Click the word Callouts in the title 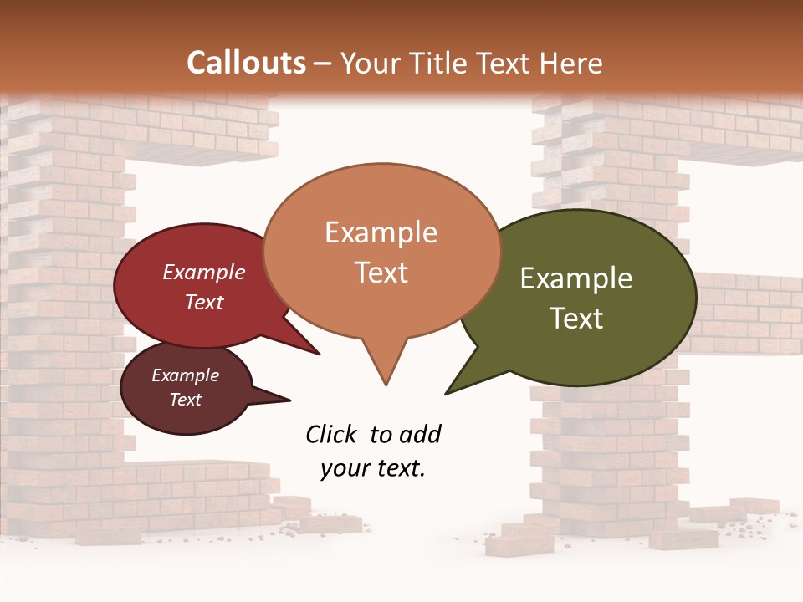coord(246,63)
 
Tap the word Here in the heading coord(570,63)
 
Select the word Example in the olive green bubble coord(576,278)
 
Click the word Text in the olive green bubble coord(576,319)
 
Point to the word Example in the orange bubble coord(381,232)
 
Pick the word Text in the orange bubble coord(381,273)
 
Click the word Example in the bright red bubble coord(203,273)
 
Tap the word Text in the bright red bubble coord(203,302)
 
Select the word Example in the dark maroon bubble coord(185,375)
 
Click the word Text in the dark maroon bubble coord(185,400)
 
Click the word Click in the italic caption coord(332,434)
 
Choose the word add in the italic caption coord(419,434)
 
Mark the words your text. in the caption coord(372,468)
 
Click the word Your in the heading coord(371,63)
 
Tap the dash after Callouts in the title coord(323,64)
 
